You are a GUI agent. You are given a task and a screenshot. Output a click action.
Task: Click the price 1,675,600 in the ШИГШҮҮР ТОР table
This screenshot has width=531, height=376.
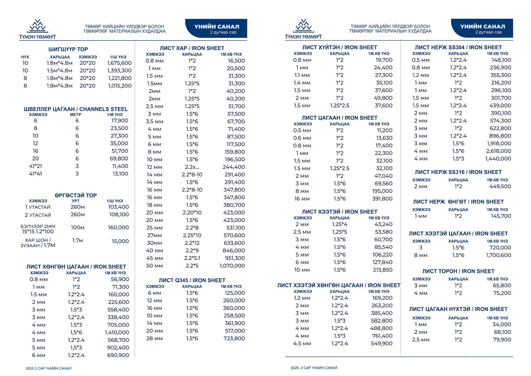(119, 63)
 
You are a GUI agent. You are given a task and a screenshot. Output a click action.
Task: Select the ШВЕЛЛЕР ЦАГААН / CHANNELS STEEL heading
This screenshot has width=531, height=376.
(76, 109)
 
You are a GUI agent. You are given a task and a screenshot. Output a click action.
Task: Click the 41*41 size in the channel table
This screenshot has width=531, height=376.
(35, 174)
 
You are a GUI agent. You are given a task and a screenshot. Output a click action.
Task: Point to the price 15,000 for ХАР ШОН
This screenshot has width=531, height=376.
(120, 241)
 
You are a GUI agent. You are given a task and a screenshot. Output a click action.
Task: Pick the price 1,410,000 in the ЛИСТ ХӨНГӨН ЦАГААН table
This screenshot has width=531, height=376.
(117, 332)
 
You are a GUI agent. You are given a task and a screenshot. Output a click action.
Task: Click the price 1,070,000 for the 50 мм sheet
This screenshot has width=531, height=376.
(232, 266)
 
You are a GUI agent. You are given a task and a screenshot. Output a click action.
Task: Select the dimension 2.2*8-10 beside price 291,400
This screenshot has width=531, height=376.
(192, 175)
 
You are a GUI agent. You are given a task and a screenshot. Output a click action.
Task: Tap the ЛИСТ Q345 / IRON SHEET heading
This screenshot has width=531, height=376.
(192, 280)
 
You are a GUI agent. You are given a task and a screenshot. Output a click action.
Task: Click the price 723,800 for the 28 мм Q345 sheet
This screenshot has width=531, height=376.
(234, 338)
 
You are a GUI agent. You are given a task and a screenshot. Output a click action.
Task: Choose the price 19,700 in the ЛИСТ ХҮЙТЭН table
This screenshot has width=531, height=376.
(384, 60)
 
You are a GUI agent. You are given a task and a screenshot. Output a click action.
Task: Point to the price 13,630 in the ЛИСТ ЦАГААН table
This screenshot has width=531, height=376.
(384, 138)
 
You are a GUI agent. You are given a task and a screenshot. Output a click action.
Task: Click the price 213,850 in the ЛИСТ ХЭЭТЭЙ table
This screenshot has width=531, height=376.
(383, 270)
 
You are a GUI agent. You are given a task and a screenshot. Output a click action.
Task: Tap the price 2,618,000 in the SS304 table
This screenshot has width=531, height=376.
(498, 151)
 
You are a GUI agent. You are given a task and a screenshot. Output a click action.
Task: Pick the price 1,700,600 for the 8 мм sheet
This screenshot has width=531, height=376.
(498, 255)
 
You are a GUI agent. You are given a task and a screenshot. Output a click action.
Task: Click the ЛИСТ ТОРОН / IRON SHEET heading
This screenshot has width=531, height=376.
(458, 271)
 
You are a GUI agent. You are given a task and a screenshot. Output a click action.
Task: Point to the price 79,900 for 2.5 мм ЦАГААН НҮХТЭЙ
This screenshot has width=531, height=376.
(502, 340)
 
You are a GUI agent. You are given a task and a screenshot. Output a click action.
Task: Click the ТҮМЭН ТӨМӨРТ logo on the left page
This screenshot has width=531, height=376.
(37, 29)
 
